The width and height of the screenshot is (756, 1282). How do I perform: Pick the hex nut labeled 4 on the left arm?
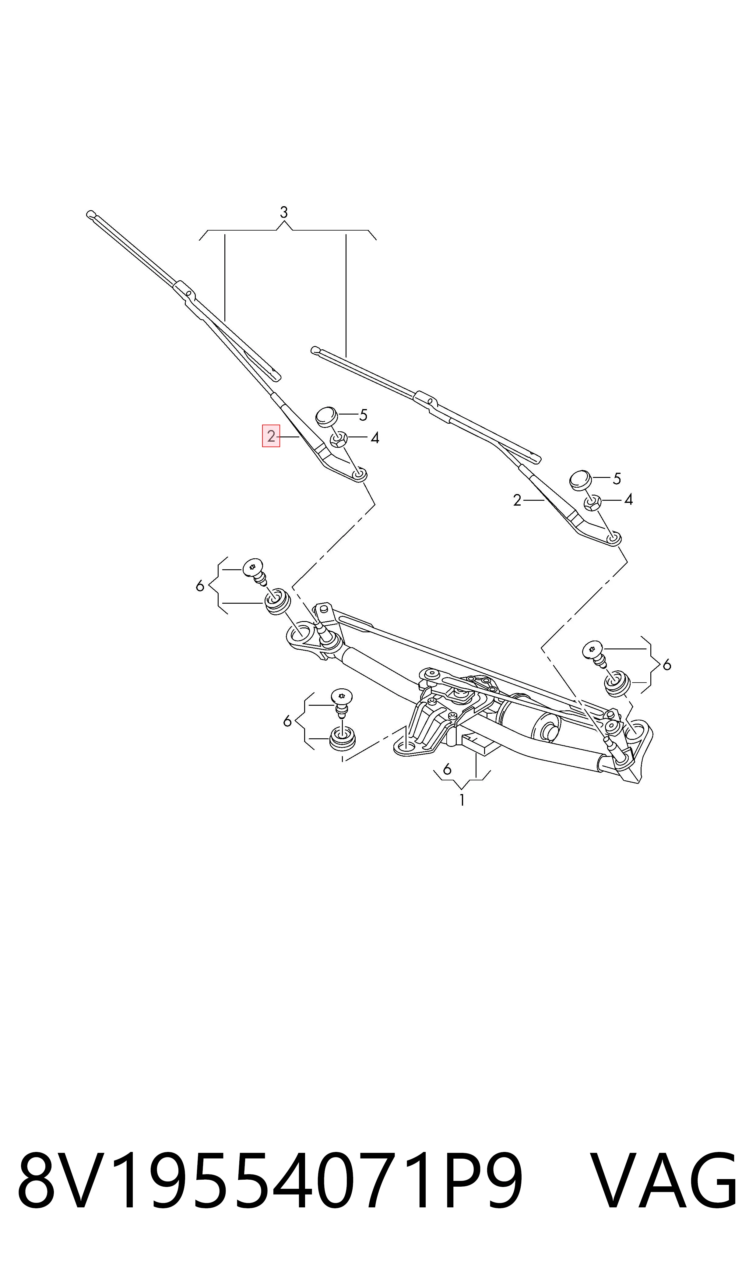pyautogui.click(x=339, y=438)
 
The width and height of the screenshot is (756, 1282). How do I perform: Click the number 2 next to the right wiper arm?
pyautogui.click(x=517, y=501)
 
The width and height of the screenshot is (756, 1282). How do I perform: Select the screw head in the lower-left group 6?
pyautogui.click(x=342, y=695)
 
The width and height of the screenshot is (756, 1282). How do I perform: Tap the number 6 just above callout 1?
pyautogui.click(x=447, y=769)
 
